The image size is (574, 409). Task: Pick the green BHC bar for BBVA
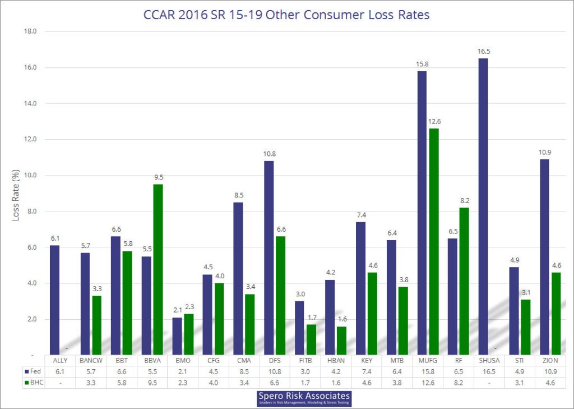tap(158, 269)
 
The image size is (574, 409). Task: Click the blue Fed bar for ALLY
tap(54, 300)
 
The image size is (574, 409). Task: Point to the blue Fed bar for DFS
tap(269, 258)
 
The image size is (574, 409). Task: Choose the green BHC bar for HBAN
tap(341, 341)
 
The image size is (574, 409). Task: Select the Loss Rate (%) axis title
tap(16, 193)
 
